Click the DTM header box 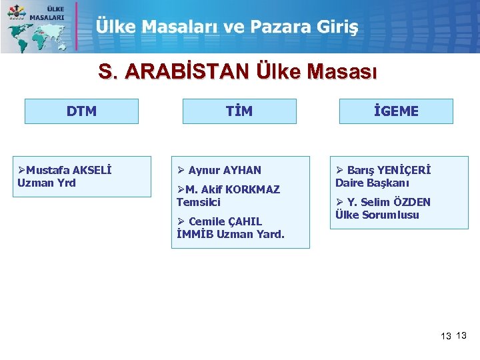coord(81,111)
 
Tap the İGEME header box coord(396,111)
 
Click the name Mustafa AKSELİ coord(69,170)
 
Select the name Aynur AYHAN coord(225,170)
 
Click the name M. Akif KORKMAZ coord(233,189)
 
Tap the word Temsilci coord(198,202)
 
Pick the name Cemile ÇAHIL coord(225,221)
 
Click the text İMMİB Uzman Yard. coord(230,234)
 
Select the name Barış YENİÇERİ coord(389,170)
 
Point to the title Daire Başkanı coord(372,183)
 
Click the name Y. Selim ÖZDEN coord(389,202)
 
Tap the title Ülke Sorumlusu coord(377,215)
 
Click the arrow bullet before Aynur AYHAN coord(181,170)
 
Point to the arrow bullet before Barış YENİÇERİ coord(339,170)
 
